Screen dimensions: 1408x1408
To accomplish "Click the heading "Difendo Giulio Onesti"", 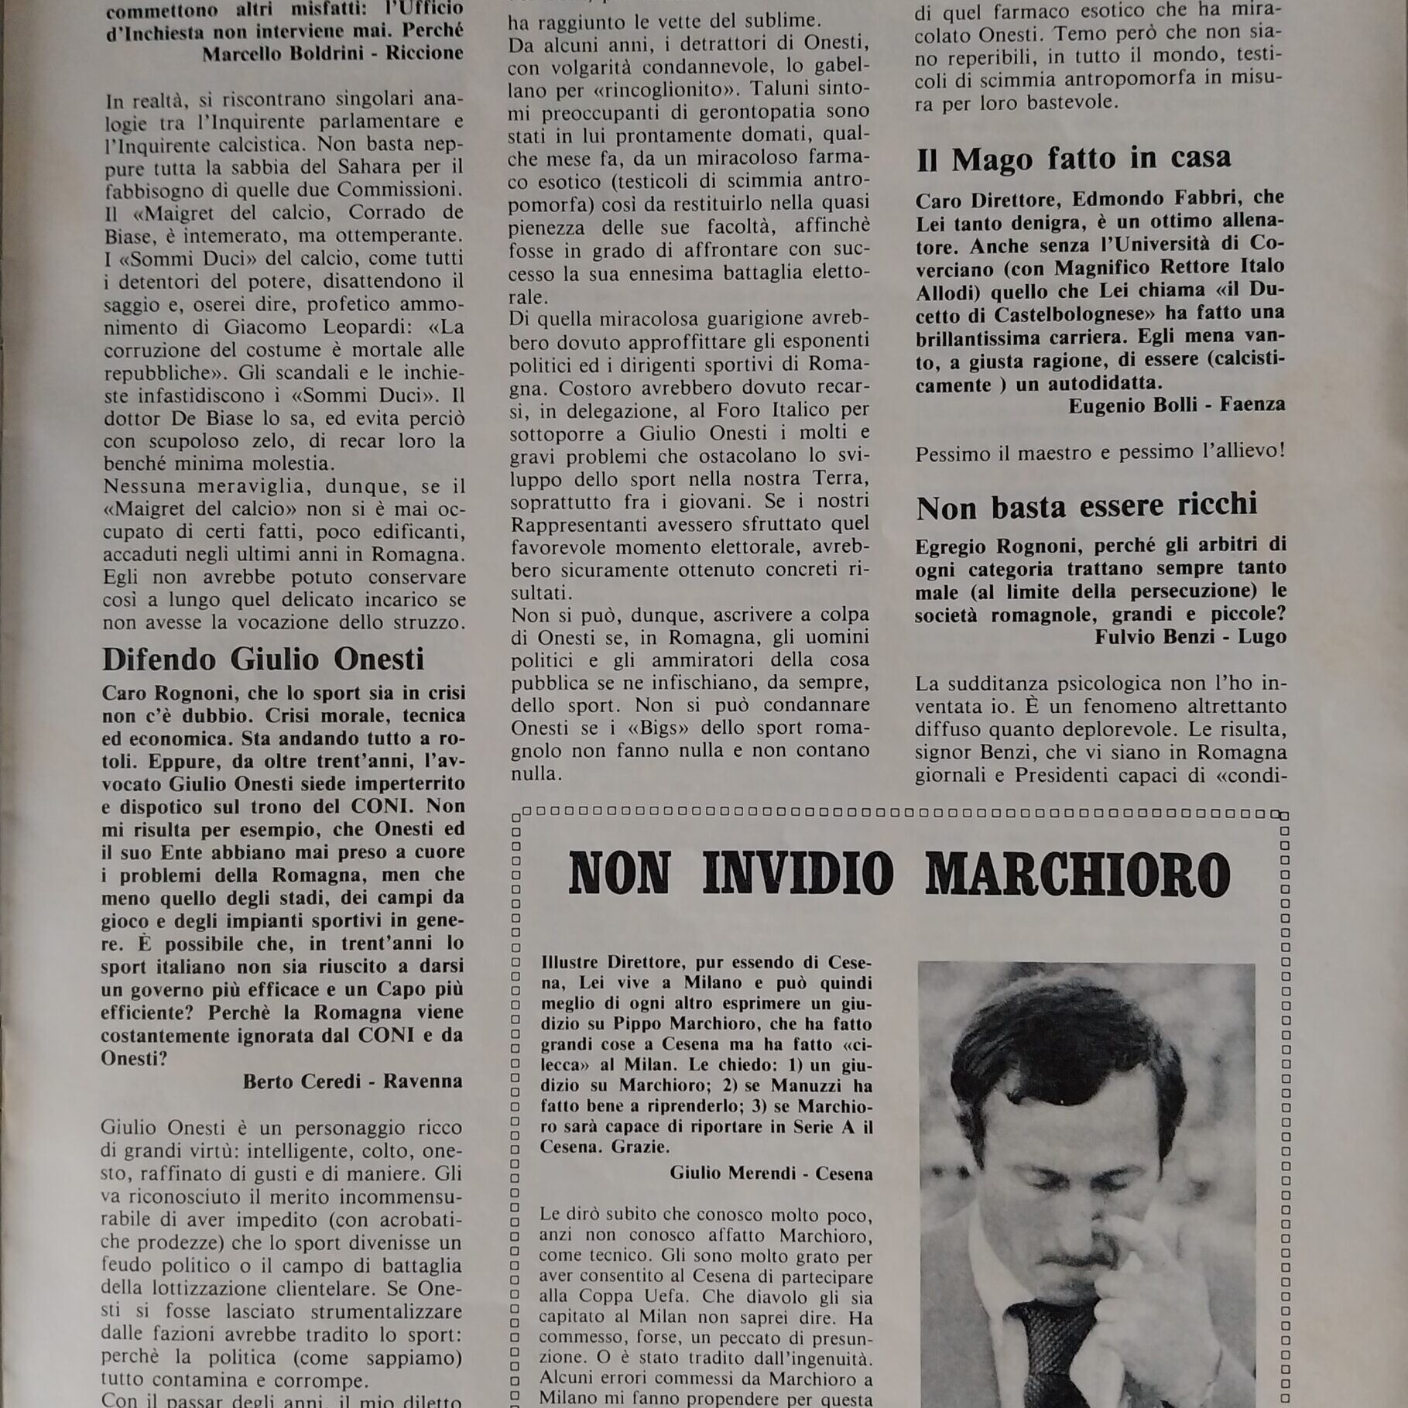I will coord(263,659).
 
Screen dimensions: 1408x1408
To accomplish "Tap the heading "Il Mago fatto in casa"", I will coord(1073,159).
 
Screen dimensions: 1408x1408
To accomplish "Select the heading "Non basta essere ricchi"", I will coord(1086,506).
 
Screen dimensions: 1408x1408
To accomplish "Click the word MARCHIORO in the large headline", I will coord(1077,875).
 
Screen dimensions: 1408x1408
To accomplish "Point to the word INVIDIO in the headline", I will coord(797,875).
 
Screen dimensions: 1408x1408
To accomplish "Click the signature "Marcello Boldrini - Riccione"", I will coord(333,53).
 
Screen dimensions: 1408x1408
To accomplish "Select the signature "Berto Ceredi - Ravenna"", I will coord(352,1081).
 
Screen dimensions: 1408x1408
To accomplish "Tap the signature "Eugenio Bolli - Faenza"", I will coord(1177,405).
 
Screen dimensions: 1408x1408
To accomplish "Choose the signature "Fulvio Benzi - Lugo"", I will coord(1190,637).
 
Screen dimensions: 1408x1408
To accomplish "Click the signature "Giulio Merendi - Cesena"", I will coord(771,1173).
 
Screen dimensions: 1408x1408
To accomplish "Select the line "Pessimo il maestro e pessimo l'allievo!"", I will coord(1099,452).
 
